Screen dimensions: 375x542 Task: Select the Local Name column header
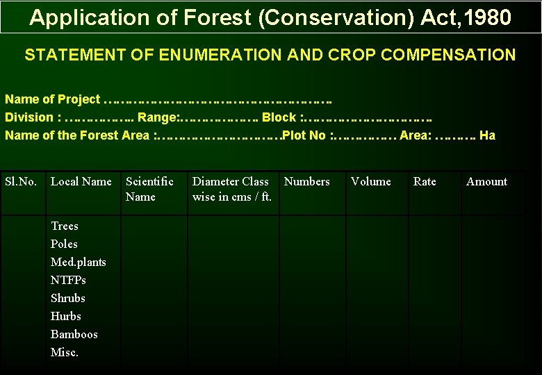pos(81,182)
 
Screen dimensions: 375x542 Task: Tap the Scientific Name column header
pos(149,189)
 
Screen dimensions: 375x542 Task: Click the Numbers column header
pos(306,182)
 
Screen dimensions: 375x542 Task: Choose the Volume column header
pos(370,182)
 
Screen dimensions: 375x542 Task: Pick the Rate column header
pos(425,182)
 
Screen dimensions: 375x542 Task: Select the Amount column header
pos(486,182)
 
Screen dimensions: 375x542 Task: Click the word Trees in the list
pos(65,226)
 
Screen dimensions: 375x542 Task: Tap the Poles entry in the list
pos(64,244)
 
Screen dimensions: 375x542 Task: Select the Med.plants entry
pos(79,262)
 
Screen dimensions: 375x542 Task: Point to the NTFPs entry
pos(68,281)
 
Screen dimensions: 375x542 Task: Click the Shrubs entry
pos(68,299)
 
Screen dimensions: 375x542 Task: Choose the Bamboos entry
pos(74,335)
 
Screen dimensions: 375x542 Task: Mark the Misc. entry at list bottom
pos(65,353)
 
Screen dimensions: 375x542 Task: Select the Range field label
pos(158,117)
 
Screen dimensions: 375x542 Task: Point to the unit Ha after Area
pos(487,135)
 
